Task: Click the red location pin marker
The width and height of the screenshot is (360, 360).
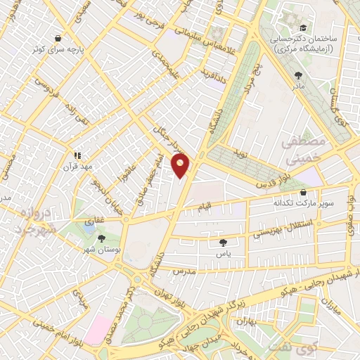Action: [x=181, y=165]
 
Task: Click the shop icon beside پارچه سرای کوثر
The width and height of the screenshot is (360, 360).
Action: [x=58, y=39]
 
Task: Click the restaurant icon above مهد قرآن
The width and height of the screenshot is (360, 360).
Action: [x=79, y=155]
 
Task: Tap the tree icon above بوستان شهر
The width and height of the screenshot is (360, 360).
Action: [x=101, y=238]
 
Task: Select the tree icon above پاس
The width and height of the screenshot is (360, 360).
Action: [x=223, y=241]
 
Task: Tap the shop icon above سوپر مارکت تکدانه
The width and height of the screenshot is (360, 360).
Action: [x=303, y=192]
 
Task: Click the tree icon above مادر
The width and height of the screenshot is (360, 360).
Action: [x=299, y=73]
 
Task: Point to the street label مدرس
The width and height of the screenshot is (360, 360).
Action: [x=183, y=271]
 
